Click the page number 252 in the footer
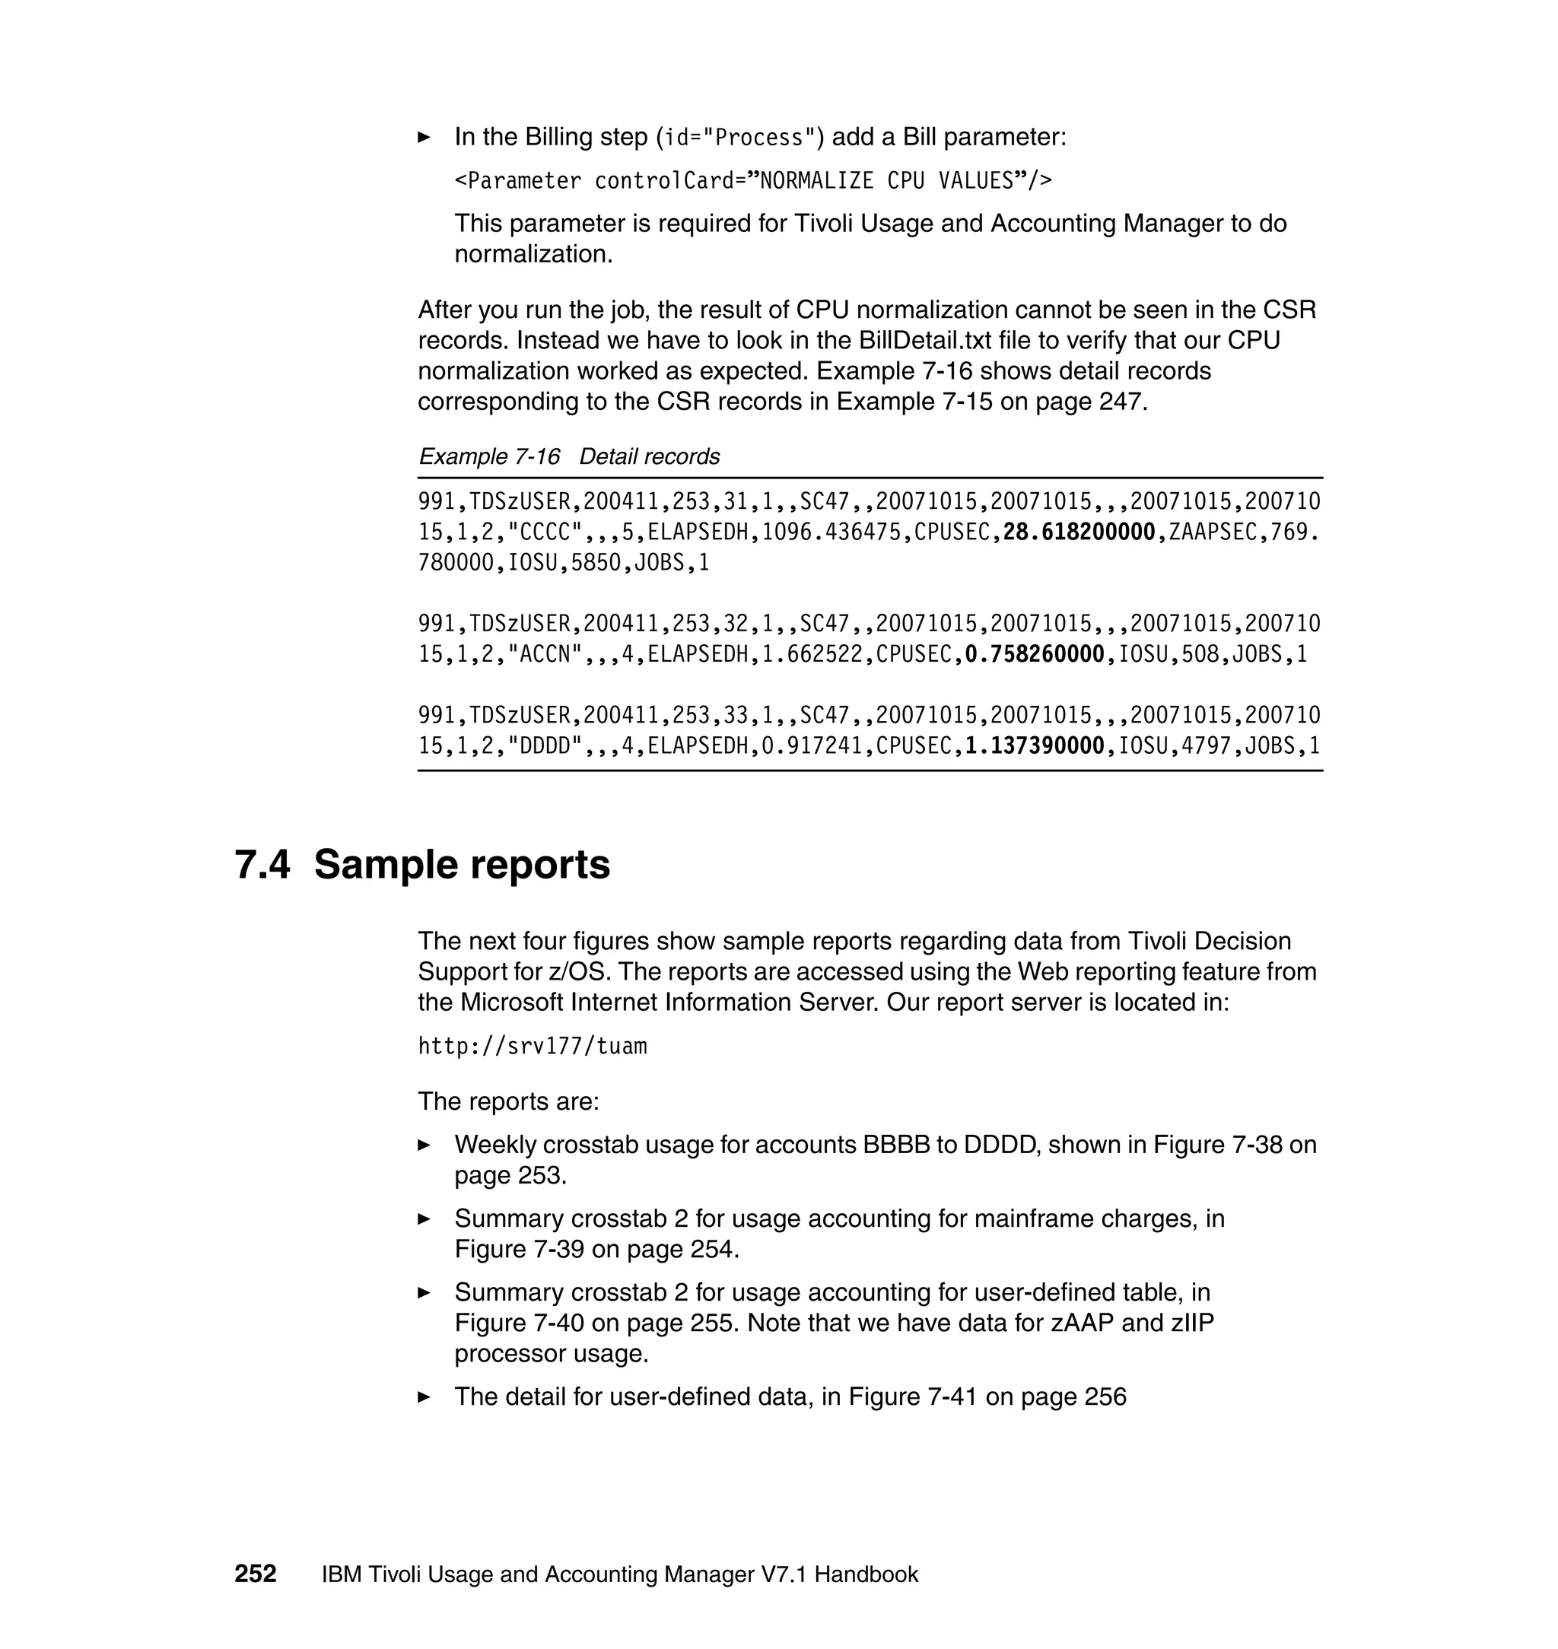[255, 1574]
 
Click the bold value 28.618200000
[1079, 532]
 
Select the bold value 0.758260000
[1034, 654]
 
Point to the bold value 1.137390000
[1034, 745]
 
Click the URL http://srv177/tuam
[533, 1046]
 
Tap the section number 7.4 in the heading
[262, 864]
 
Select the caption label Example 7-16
[489, 456]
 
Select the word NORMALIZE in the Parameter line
[816, 181]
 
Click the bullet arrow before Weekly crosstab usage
[424, 1145]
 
